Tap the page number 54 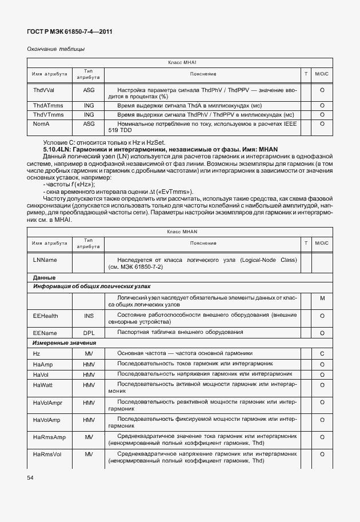click(30, 476)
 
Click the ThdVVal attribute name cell click(43, 90)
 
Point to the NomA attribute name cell click(41, 123)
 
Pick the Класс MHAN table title click(181, 232)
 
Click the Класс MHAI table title click(181, 62)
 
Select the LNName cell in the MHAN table click(45, 260)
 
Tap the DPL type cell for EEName click(89, 332)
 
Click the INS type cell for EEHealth click(89, 315)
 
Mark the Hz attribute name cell click(37, 354)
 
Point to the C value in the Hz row click(322, 354)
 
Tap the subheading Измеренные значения click(65, 343)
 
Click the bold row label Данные click(44, 277)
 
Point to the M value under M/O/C click(322, 298)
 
